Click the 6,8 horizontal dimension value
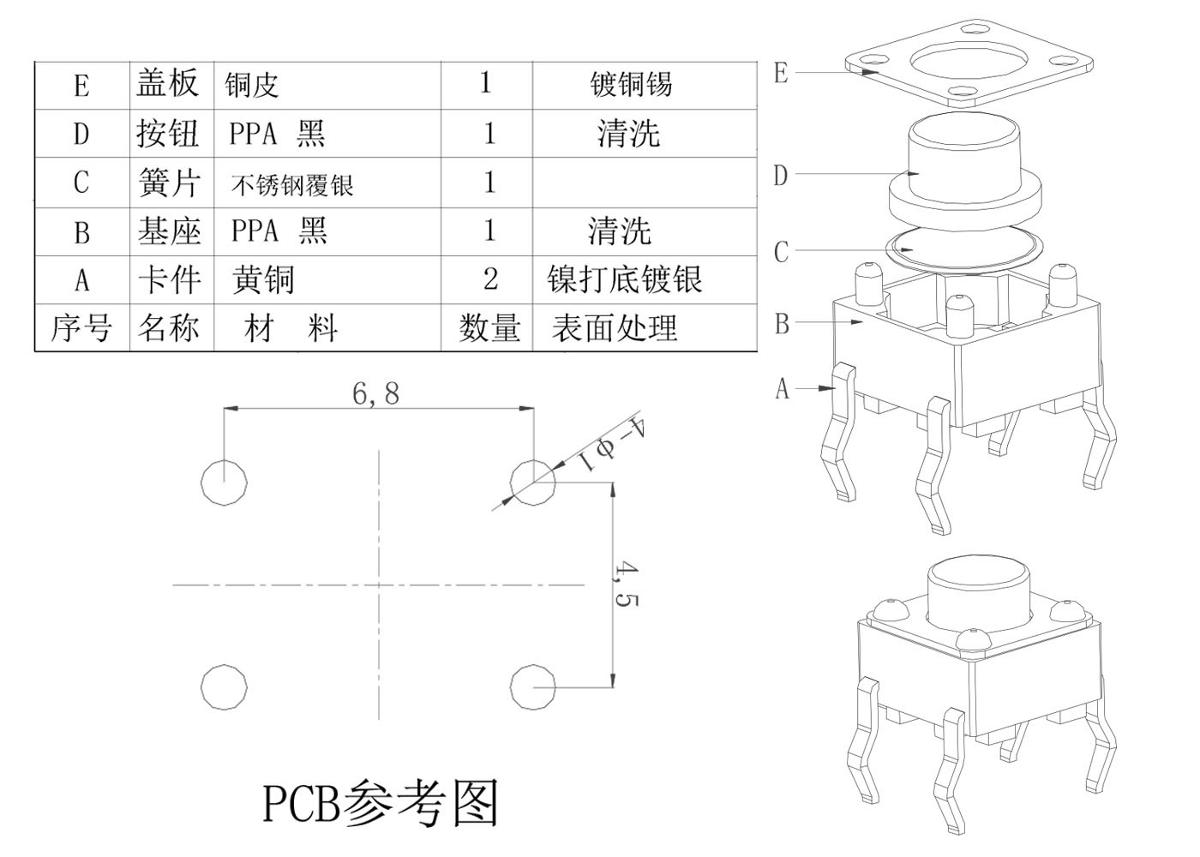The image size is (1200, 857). click(375, 393)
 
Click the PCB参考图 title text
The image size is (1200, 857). click(380, 803)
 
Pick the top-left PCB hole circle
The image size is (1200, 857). click(225, 481)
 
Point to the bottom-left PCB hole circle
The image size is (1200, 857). click(225, 686)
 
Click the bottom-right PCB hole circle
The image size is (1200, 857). click(532, 686)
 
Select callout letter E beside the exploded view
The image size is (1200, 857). click(780, 73)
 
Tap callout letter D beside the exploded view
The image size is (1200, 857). click(780, 176)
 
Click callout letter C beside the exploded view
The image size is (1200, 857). click(780, 252)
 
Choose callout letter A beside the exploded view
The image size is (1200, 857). click(781, 388)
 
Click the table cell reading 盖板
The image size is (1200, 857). click(168, 83)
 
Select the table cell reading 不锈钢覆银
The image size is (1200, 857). click(292, 184)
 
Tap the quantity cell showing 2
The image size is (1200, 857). click(489, 279)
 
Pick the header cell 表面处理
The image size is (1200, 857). click(615, 327)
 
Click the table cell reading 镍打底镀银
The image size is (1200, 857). click(625, 279)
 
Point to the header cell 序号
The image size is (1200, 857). click(81, 327)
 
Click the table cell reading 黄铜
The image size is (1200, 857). click(264, 280)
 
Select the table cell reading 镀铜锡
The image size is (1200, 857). click(631, 84)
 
